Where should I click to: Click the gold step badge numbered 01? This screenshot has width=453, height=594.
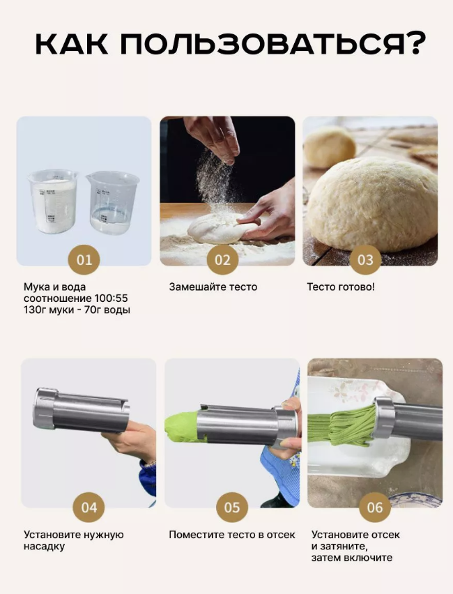pos(84,259)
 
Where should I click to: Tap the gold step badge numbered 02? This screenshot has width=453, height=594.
pos(223,259)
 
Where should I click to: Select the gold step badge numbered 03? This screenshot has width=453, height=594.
pos(365,259)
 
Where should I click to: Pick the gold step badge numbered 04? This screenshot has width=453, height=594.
pos(89,508)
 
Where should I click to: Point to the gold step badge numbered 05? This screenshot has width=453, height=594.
pos(232,508)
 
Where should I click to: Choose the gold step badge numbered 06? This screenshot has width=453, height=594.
pos(375,508)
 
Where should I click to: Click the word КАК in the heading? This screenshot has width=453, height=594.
pos(71,44)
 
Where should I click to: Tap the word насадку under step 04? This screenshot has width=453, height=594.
pos(44,547)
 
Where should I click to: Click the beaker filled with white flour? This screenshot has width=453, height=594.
pos(53,201)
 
